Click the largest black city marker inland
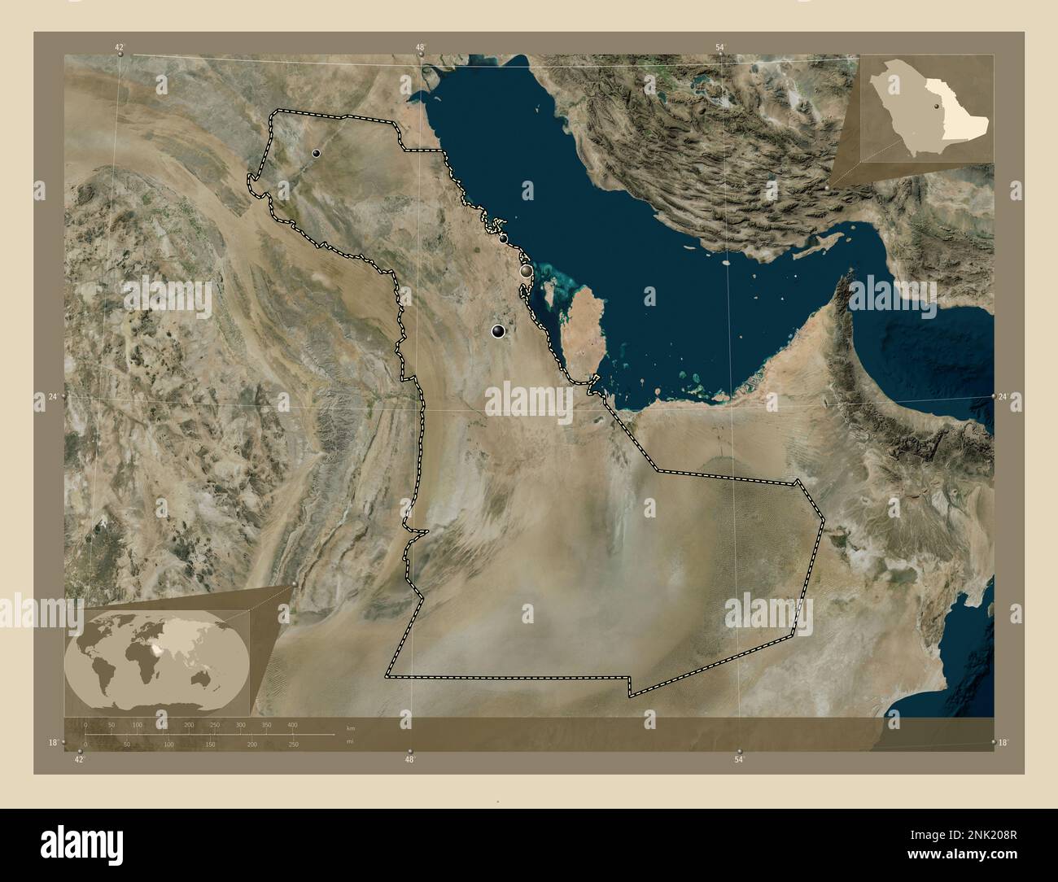tap(498, 331)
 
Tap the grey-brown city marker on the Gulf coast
tap(527, 270)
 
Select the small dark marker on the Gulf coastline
tap(503, 238)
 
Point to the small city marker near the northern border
tap(316, 152)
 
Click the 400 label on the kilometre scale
tap(292, 724)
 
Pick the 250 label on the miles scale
tap(294, 744)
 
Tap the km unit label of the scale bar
tap(351, 727)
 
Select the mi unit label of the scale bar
tap(350, 742)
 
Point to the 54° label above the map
tap(720, 48)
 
